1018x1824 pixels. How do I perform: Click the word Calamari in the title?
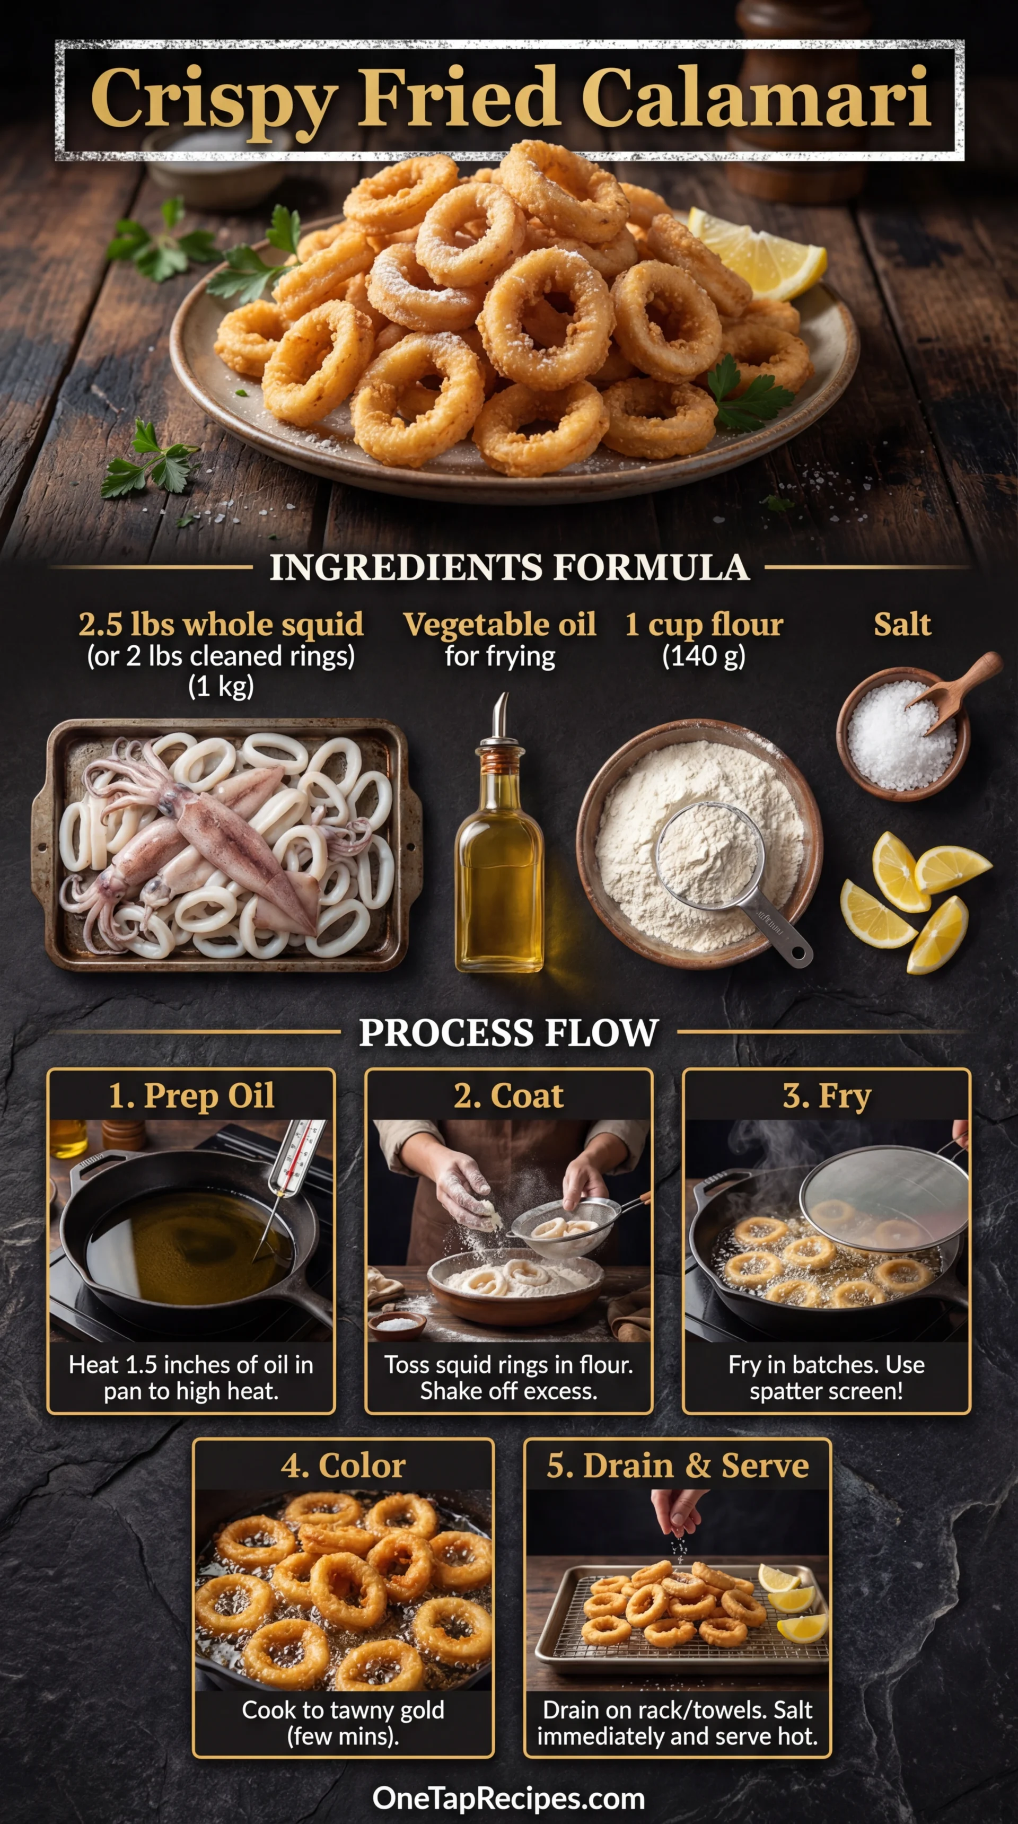pyautogui.click(x=756, y=97)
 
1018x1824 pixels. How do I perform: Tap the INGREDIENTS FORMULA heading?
pyautogui.click(x=509, y=567)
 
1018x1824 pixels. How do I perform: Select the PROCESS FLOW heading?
pyautogui.click(x=508, y=1032)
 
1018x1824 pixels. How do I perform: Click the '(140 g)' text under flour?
pyautogui.click(x=704, y=656)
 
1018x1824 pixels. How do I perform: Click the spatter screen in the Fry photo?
pyautogui.click(x=885, y=1197)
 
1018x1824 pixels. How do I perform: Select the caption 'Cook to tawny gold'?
pyautogui.click(x=344, y=1709)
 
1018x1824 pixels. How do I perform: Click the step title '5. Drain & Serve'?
pyautogui.click(x=678, y=1465)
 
